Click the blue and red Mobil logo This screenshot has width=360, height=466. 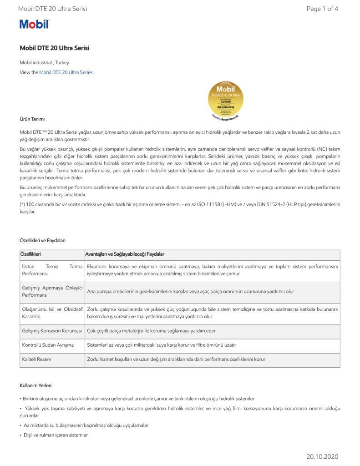35,24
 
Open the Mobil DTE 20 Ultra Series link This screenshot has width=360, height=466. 66,72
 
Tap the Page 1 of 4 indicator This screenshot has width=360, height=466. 322,9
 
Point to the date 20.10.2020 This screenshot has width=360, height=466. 322,456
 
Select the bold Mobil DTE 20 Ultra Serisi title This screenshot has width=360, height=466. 55,48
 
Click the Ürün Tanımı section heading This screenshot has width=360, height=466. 32,119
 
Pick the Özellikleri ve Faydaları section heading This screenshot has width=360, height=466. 46,240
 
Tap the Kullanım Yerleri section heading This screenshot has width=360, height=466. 35,385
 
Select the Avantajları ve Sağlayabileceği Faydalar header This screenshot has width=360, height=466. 126,253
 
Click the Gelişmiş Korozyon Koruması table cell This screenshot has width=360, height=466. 51,331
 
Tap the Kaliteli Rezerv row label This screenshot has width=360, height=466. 36,359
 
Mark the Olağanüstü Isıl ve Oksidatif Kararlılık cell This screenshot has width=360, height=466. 51,312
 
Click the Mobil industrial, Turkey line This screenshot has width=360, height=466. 44,62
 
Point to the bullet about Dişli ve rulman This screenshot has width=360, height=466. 56,435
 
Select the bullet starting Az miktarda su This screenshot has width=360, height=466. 86,425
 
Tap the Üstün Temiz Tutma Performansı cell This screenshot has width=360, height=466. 51,270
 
